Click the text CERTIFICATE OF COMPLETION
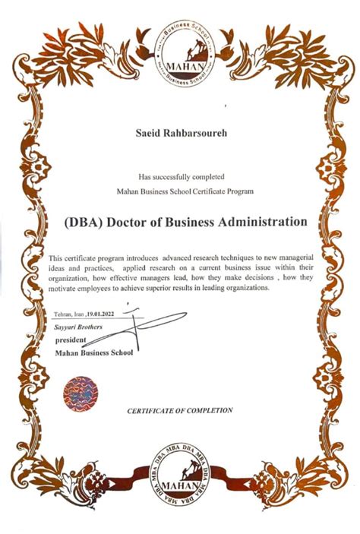click(x=180, y=410)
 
